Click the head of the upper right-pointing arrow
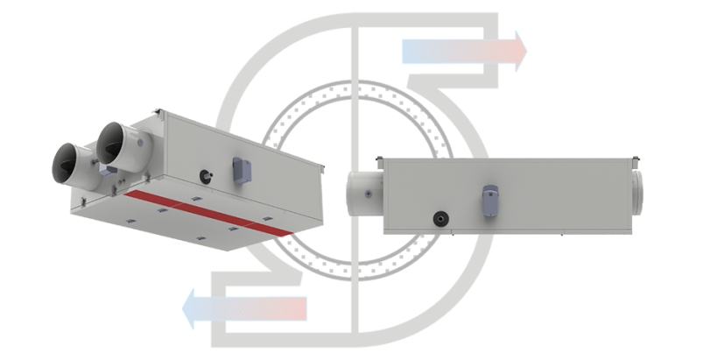point(520,52)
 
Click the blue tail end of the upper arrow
point(411,52)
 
